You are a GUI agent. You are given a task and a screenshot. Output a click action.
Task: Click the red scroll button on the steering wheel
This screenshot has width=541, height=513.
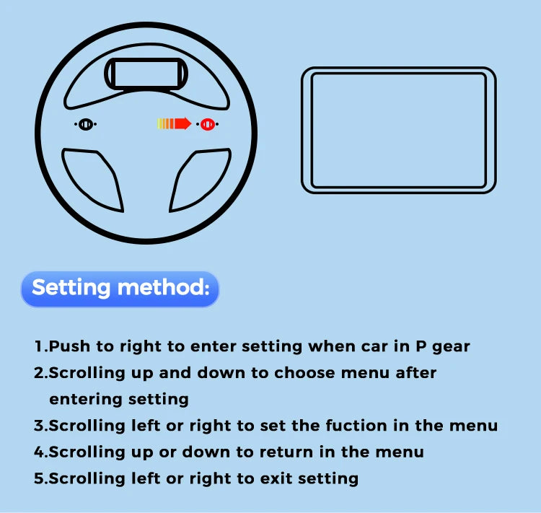pos(207,124)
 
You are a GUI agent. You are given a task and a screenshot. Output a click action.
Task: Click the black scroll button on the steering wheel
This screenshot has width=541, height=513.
pos(85,124)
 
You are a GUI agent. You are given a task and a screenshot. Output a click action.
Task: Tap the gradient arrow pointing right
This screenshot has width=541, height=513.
pos(174,123)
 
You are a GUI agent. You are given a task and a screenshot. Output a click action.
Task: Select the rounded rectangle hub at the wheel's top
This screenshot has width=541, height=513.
pos(144,74)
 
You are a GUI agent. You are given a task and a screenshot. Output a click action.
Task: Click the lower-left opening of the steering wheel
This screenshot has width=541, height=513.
pos(91,176)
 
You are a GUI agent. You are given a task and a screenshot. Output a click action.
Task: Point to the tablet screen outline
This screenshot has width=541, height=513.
pos(398,130)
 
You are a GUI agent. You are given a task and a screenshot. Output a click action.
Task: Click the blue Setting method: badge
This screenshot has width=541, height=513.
pos(120,289)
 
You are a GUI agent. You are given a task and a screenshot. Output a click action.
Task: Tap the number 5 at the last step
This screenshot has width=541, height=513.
pos(39,478)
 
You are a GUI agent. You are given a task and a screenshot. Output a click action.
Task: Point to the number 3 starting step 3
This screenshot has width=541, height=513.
pos(39,426)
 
